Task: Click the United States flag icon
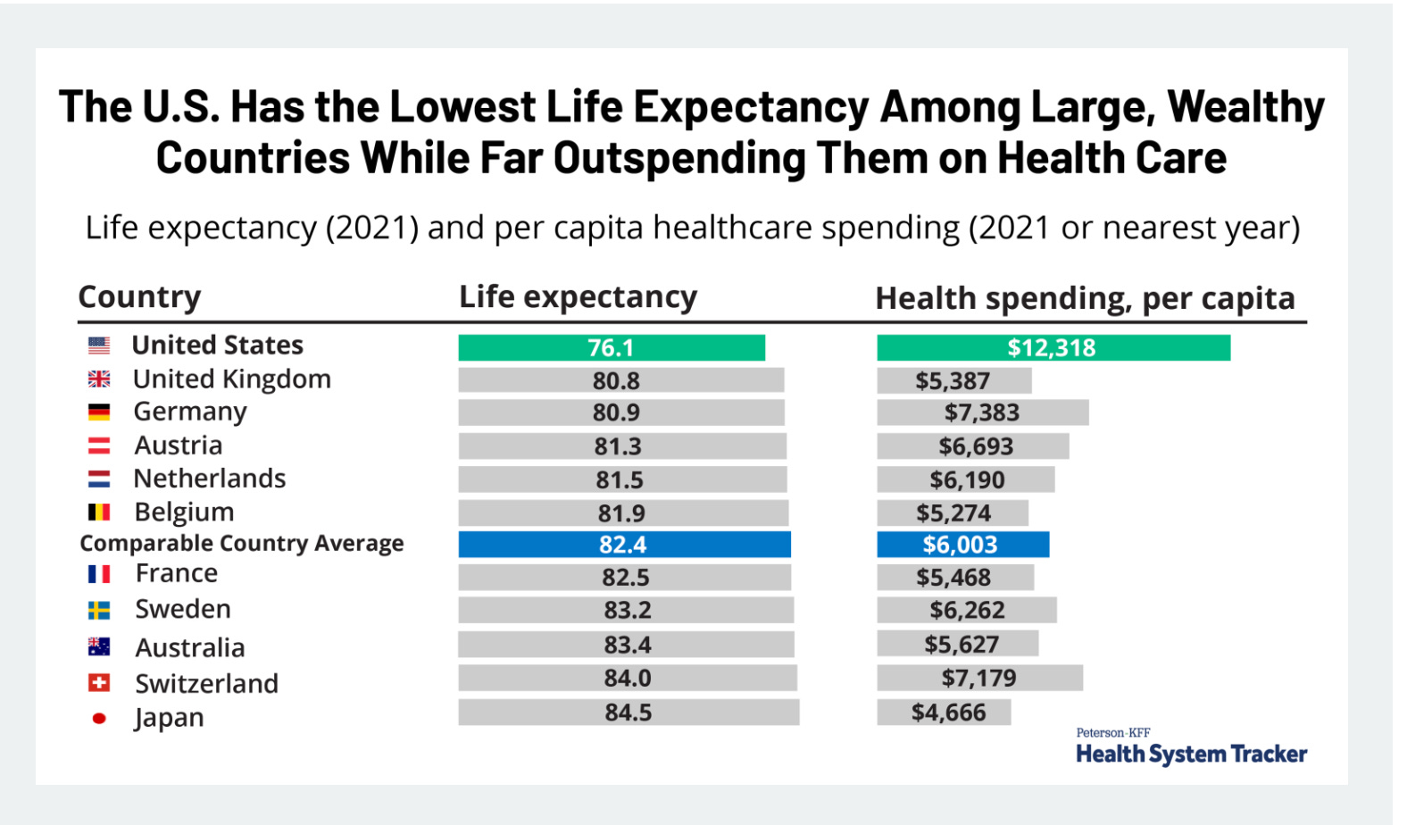(x=99, y=346)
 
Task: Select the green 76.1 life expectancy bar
(x=612, y=347)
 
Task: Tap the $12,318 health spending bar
(x=1053, y=347)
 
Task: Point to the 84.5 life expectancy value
(x=628, y=712)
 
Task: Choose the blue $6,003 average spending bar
(x=962, y=545)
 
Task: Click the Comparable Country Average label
(x=241, y=544)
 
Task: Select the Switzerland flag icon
(x=99, y=683)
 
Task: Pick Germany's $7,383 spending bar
(x=982, y=412)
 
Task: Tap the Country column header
(x=139, y=296)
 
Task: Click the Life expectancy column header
(x=578, y=296)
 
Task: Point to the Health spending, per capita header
(x=1085, y=298)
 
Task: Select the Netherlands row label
(x=210, y=479)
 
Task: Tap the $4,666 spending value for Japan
(x=948, y=712)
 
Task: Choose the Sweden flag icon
(x=99, y=611)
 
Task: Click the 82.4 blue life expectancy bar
(x=624, y=545)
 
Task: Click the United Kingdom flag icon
(x=99, y=379)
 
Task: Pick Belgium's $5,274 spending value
(x=953, y=513)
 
